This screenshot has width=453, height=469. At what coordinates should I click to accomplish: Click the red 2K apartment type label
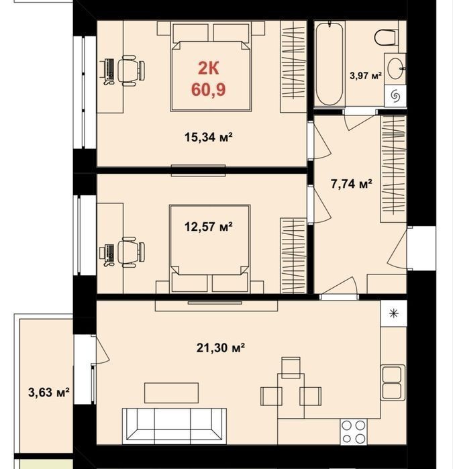click(x=209, y=68)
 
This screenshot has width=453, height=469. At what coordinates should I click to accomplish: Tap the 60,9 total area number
click(x=209, y=89)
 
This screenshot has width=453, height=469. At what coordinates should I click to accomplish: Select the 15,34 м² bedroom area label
click(x=209, y=138)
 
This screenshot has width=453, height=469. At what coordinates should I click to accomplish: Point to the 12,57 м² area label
click(x=209, y=227)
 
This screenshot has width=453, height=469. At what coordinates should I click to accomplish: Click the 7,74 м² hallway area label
click(x=352, y=184)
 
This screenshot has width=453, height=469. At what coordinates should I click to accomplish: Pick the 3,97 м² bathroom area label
click(x=366, y=75)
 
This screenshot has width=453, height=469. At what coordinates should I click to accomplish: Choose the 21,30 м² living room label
click(x=221, y=348)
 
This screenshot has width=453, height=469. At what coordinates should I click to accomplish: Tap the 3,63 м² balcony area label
click(x=49, y=392)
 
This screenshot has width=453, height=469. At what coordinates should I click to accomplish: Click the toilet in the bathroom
click(x=387, y=38)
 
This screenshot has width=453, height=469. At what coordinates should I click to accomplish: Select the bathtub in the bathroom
click(x=330, y=64)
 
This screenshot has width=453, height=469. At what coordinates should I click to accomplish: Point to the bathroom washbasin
click(x=395, y=68)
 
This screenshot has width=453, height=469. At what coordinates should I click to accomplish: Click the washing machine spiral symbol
click(x=395, y=96)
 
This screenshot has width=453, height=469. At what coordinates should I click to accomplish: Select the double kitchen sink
click(x=393, y=382)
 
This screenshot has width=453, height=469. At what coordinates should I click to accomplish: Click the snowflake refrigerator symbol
click(x=394, y=313)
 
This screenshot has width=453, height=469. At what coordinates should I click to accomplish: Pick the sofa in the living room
click(x=174, y=426)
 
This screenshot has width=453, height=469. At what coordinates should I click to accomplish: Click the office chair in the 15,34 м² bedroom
click(x=131, y=71)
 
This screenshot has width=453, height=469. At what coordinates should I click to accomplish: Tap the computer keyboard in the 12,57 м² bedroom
click(x=109, y=252)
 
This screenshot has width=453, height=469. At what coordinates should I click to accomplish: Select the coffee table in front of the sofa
click(x=171, y=393)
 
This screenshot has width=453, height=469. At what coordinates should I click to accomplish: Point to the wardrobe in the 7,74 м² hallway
click(x=393, y=169)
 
